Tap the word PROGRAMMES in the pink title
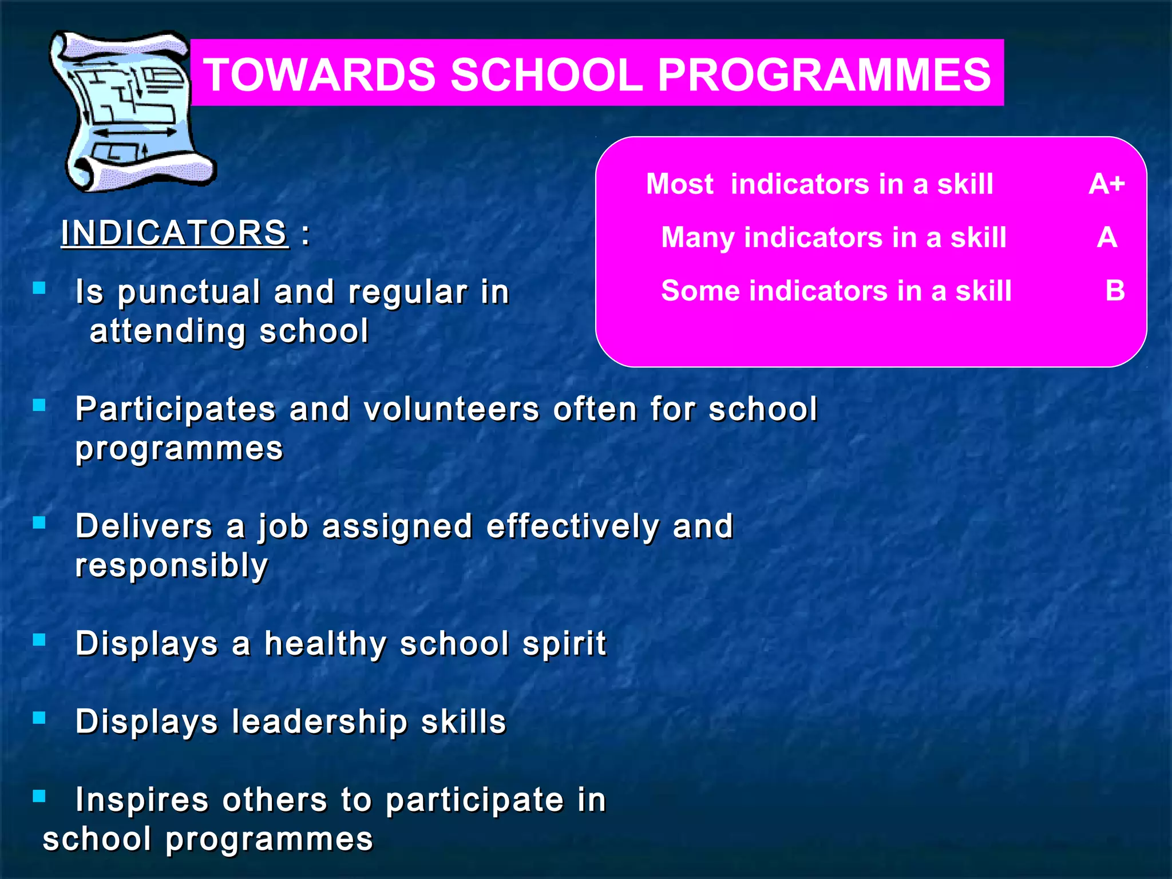824,75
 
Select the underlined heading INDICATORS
174,233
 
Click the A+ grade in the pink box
1106,184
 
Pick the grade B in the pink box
1115,291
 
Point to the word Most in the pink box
679,184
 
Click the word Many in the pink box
697,237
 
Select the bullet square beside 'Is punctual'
39,288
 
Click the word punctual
189,292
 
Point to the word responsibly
172,566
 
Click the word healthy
325,644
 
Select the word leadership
319,722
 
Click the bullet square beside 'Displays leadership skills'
39,718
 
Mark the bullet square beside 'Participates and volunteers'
39,405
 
